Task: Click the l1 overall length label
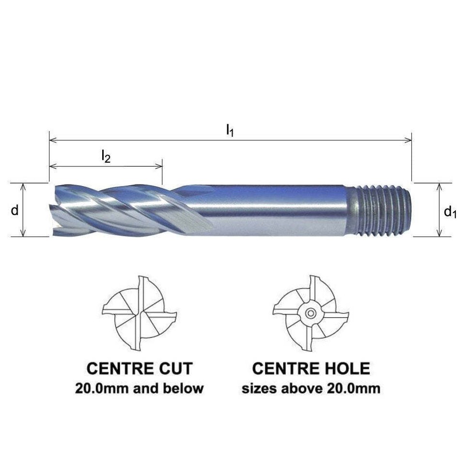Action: (x=230, y=130)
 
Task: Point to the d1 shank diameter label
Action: (x=450, y=212)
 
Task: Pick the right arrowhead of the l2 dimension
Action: (x=159, y=166)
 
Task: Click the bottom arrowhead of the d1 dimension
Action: (x=439, y=233)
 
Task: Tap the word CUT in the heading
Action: (x=176, y=368)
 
